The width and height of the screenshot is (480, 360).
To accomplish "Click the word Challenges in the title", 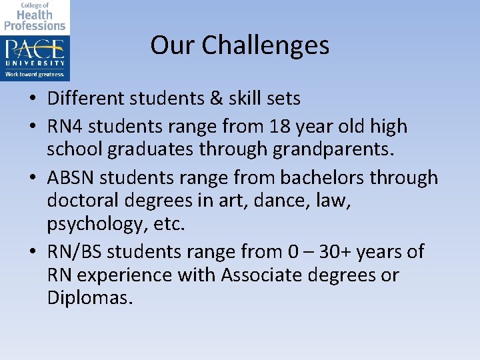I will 265,45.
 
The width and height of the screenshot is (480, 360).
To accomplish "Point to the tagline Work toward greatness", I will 35,74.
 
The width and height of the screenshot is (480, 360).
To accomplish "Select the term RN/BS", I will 75,251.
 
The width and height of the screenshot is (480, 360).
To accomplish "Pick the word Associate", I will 264,275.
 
